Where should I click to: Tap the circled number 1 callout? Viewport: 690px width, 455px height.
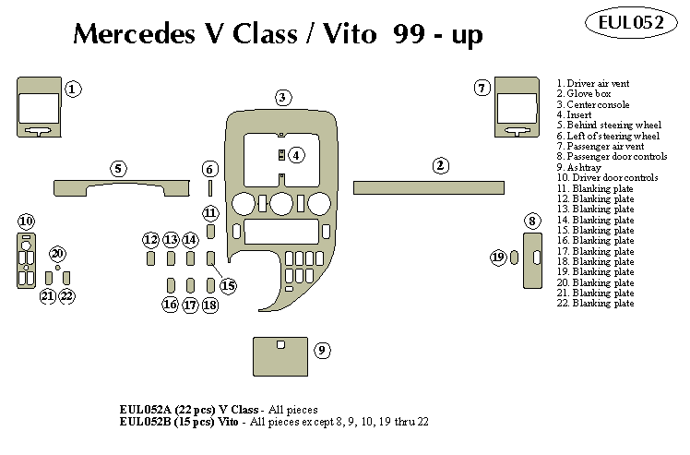[73, 89]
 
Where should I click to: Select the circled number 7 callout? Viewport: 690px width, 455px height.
[482, 88]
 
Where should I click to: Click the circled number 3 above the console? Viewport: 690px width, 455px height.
[283, 97]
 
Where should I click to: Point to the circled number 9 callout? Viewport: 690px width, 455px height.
[322, 350]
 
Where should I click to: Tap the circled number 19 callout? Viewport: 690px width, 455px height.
[499, 257]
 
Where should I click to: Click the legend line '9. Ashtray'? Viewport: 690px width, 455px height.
[581, 167]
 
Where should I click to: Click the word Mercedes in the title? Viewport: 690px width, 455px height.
[128, 35]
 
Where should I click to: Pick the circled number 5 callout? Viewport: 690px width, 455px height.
[118, 169]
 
